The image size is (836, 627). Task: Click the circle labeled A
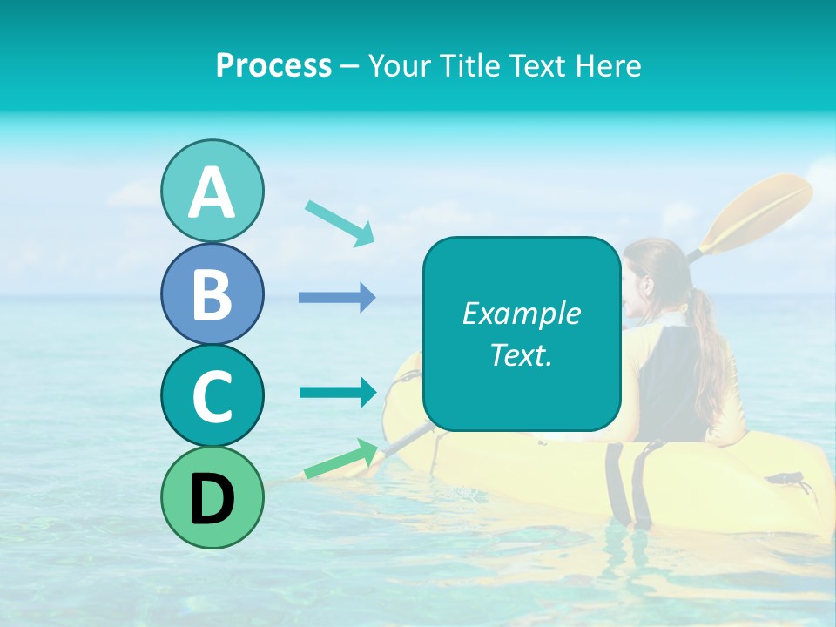point(212,191)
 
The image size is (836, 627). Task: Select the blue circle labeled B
point(212,293)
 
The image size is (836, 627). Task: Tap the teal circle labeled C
point(212,395)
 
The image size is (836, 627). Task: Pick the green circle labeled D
point(212,497)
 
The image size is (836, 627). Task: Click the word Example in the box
point(521,313)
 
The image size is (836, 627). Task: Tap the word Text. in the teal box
point(521,354)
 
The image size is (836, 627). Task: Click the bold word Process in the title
point(273,65)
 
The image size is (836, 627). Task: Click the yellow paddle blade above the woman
point(762,209)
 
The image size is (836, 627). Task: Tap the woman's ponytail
point(707,348)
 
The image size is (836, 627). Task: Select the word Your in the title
point(397,65)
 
